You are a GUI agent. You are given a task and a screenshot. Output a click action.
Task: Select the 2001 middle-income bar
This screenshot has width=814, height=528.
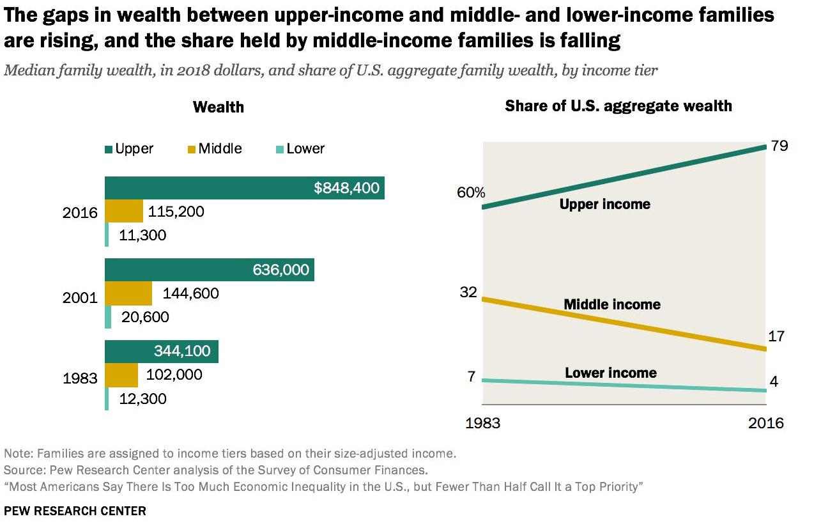[128, 293]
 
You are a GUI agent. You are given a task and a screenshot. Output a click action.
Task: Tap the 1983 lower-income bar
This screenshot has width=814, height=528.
[107, 399]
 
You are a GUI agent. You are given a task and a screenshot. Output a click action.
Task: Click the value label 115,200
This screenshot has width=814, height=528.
[176, 211]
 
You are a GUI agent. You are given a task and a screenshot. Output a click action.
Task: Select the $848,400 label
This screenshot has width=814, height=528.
[347, 188]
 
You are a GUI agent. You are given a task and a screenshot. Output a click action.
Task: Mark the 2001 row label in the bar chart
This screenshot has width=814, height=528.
[80, 297]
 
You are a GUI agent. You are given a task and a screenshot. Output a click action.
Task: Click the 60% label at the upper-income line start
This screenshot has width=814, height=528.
[471, 192]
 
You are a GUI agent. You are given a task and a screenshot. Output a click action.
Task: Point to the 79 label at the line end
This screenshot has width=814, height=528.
[779, 146]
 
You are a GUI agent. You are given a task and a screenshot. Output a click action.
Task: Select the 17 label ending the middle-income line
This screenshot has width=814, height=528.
[776, 336]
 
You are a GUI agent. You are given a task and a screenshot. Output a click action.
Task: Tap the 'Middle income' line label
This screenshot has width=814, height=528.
[611, 304]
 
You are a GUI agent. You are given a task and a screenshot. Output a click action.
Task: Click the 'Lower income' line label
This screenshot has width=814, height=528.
[610, 373]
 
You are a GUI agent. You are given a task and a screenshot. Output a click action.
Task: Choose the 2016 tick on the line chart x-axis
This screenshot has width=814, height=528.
[765, 423]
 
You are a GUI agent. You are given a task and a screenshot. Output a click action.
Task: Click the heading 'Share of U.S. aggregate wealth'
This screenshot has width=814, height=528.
[618, 105]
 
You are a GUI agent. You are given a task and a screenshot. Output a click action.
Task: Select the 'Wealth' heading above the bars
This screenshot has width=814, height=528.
[219, 107]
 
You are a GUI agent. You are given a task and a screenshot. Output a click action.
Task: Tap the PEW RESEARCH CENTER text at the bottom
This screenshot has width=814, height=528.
[75, 511]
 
